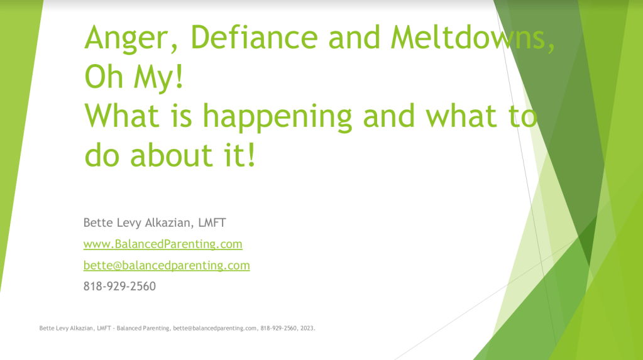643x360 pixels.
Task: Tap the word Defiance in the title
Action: (x=255, y=37)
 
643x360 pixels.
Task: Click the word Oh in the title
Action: (x=104, y=77)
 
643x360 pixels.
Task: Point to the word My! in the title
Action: (x=158, y=78)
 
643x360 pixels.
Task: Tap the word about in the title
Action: (x=172, y=155)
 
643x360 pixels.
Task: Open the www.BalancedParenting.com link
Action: (x=163, y=244)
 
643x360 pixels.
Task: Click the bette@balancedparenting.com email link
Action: (x=167, y=265)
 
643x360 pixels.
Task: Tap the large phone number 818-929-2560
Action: (x=120, y=286)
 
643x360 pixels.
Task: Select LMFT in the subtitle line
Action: (x=212, y=222)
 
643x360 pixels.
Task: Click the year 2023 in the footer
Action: (x=307, y=328)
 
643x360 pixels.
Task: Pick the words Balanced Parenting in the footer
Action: (x=143, y=329)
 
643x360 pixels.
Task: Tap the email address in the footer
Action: (x=215, y=329)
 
